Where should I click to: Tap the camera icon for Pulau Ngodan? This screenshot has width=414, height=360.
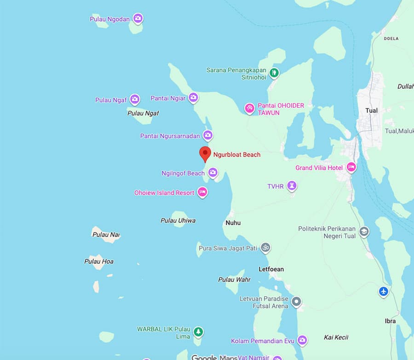click(138, 19)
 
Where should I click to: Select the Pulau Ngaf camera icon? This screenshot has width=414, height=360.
click(134, 99)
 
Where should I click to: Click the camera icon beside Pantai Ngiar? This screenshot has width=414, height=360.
click(193, 98)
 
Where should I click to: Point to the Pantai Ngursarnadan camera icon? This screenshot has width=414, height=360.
click(208, 135)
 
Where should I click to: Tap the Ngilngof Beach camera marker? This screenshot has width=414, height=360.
click(213, 173)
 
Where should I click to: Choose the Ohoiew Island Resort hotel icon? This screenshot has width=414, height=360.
click(202, 192)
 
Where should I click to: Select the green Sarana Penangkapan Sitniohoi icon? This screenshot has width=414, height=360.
click(274, 72)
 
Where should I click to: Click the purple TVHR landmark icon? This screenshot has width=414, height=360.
click(291, 186)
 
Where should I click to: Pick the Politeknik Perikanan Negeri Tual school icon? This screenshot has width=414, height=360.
click(364, 232)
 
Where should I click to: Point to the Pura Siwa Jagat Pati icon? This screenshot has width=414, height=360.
click(265, 248)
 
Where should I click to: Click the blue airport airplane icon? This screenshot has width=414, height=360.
click(383, 291)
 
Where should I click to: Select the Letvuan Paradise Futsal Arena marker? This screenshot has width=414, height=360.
click(297, 302)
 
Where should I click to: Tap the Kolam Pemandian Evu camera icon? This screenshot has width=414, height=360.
click(302, 341)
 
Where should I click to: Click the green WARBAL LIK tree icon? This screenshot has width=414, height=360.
click(198, 331)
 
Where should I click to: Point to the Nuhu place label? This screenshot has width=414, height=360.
click(233, 223)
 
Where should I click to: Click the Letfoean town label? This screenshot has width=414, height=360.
click(271, 269)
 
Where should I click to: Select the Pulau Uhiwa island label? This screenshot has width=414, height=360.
click(178, 221)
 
